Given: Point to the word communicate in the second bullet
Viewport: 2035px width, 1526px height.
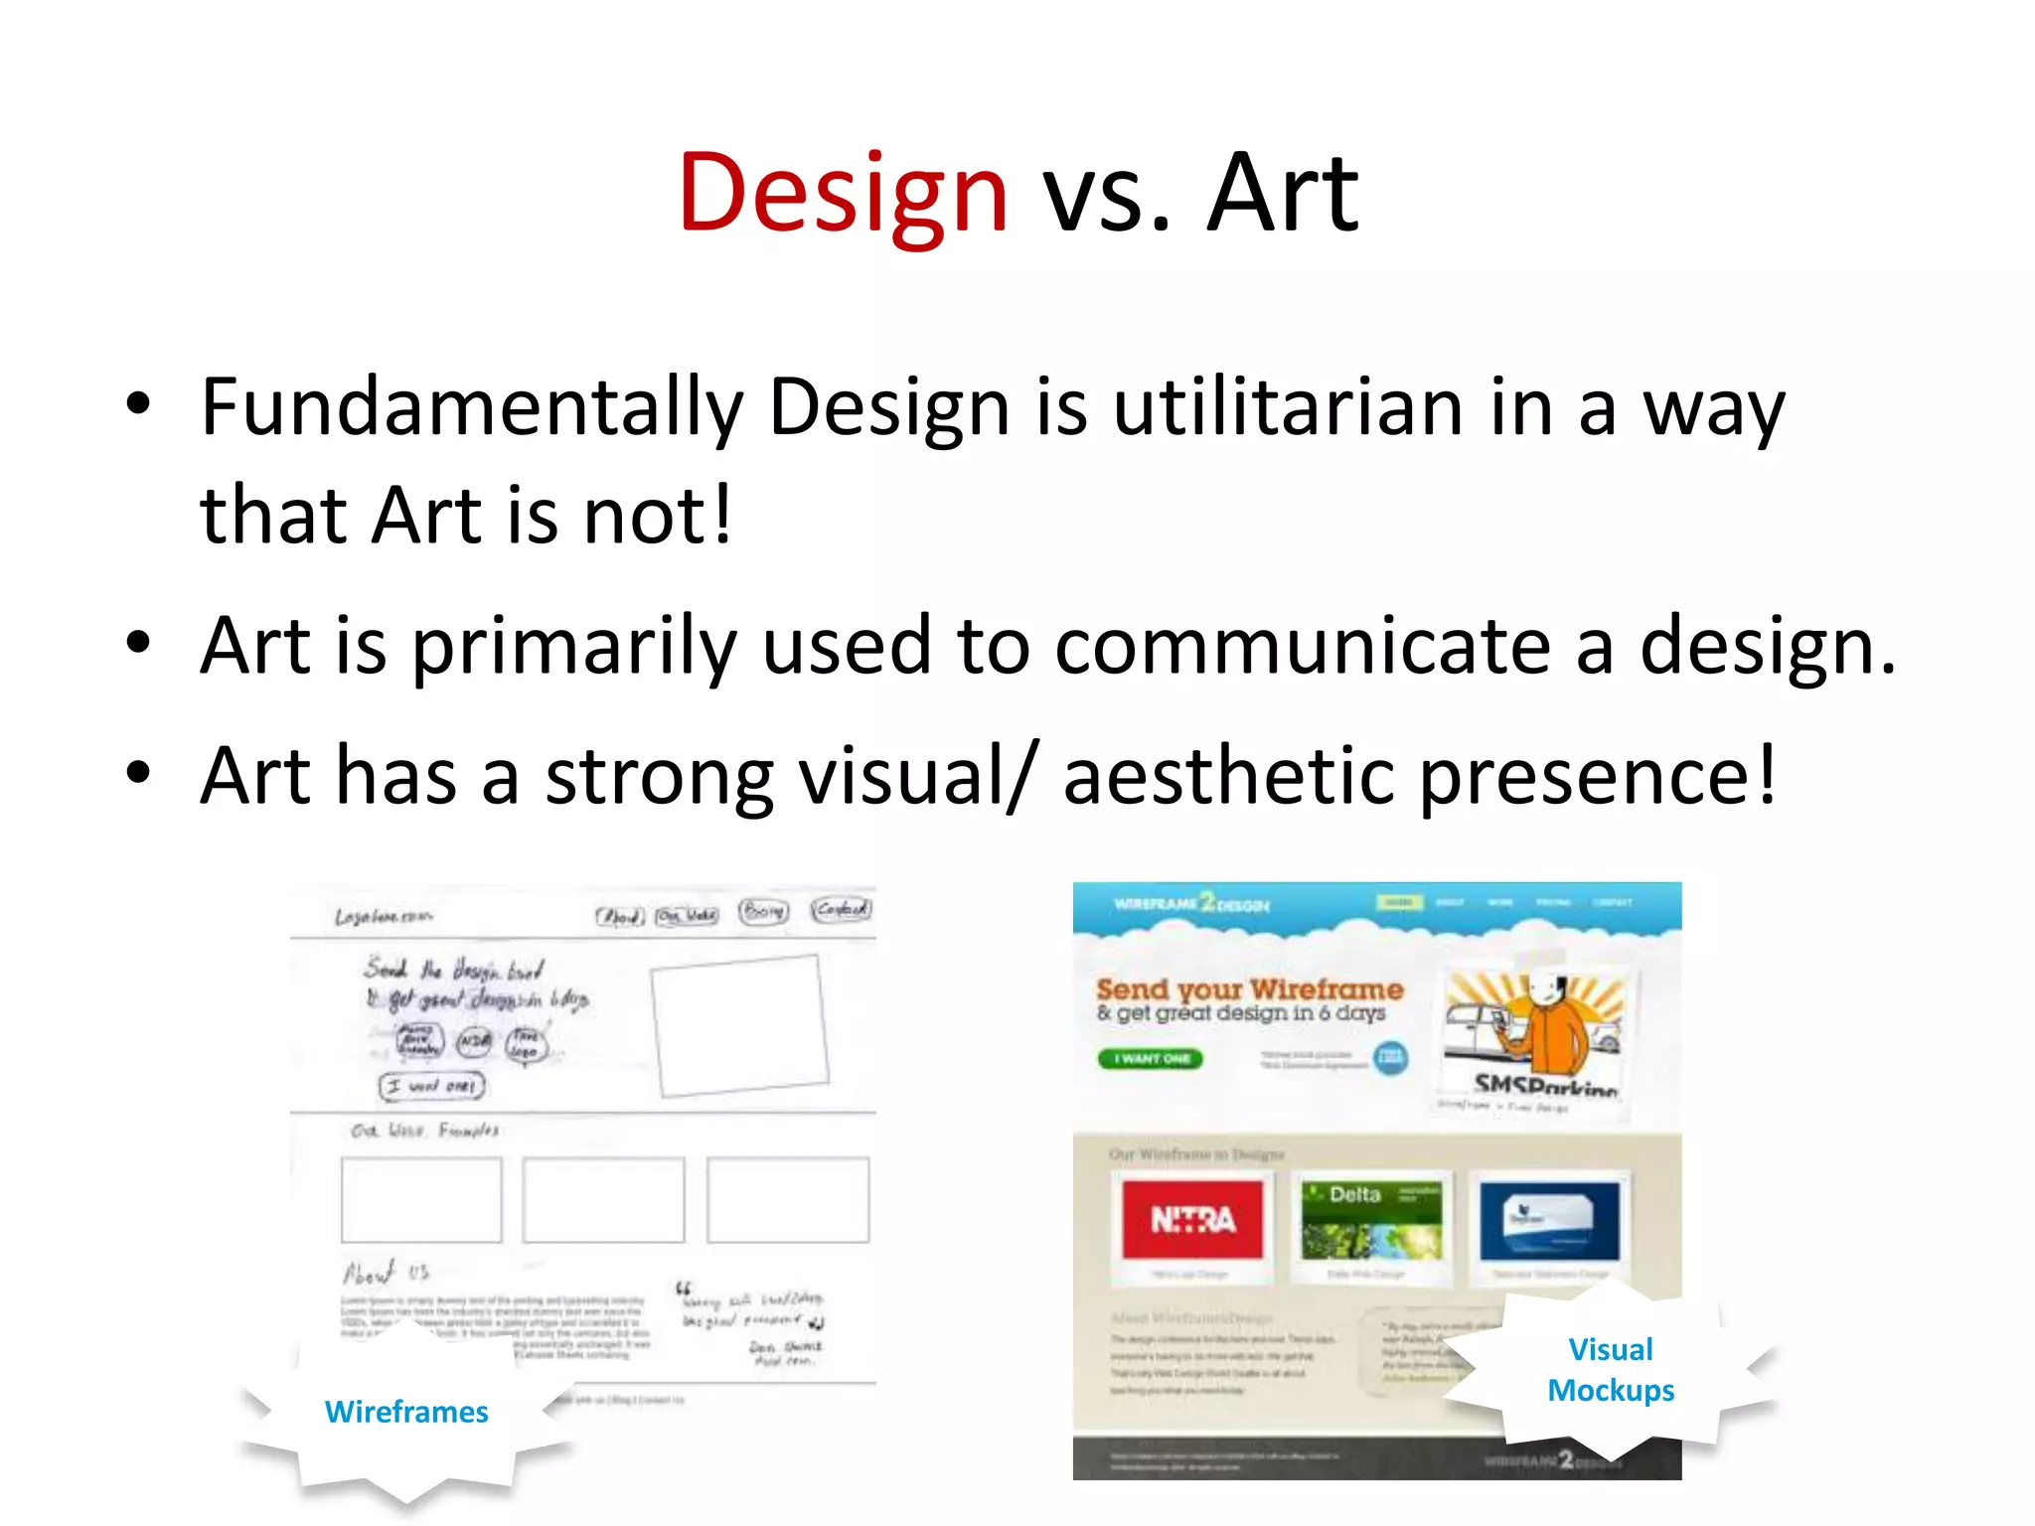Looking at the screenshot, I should point(1302,646).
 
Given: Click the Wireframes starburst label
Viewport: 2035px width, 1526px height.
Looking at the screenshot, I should point(405,1411).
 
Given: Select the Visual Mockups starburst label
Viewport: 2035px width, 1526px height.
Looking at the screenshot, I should point(1610,1369).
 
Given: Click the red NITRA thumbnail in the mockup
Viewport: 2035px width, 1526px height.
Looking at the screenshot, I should point(1192,1219).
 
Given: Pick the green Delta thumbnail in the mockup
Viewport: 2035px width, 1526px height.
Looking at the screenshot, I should point(1371,1220).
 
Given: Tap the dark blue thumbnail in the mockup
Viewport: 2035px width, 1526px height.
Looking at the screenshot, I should point(1549,1220).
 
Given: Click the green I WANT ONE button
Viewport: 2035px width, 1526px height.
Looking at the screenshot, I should point(1151,1059).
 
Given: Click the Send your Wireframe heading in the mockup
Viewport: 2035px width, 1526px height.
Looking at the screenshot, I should point(1249,989).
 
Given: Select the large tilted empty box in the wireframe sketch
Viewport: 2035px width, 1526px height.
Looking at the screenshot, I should point(739,1025).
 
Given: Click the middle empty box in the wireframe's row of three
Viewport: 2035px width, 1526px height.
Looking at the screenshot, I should point(603,1199).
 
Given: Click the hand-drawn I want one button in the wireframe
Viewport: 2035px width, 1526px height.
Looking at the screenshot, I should point(432,1086).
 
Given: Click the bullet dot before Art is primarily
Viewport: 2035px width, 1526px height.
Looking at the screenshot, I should point(138,643).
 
